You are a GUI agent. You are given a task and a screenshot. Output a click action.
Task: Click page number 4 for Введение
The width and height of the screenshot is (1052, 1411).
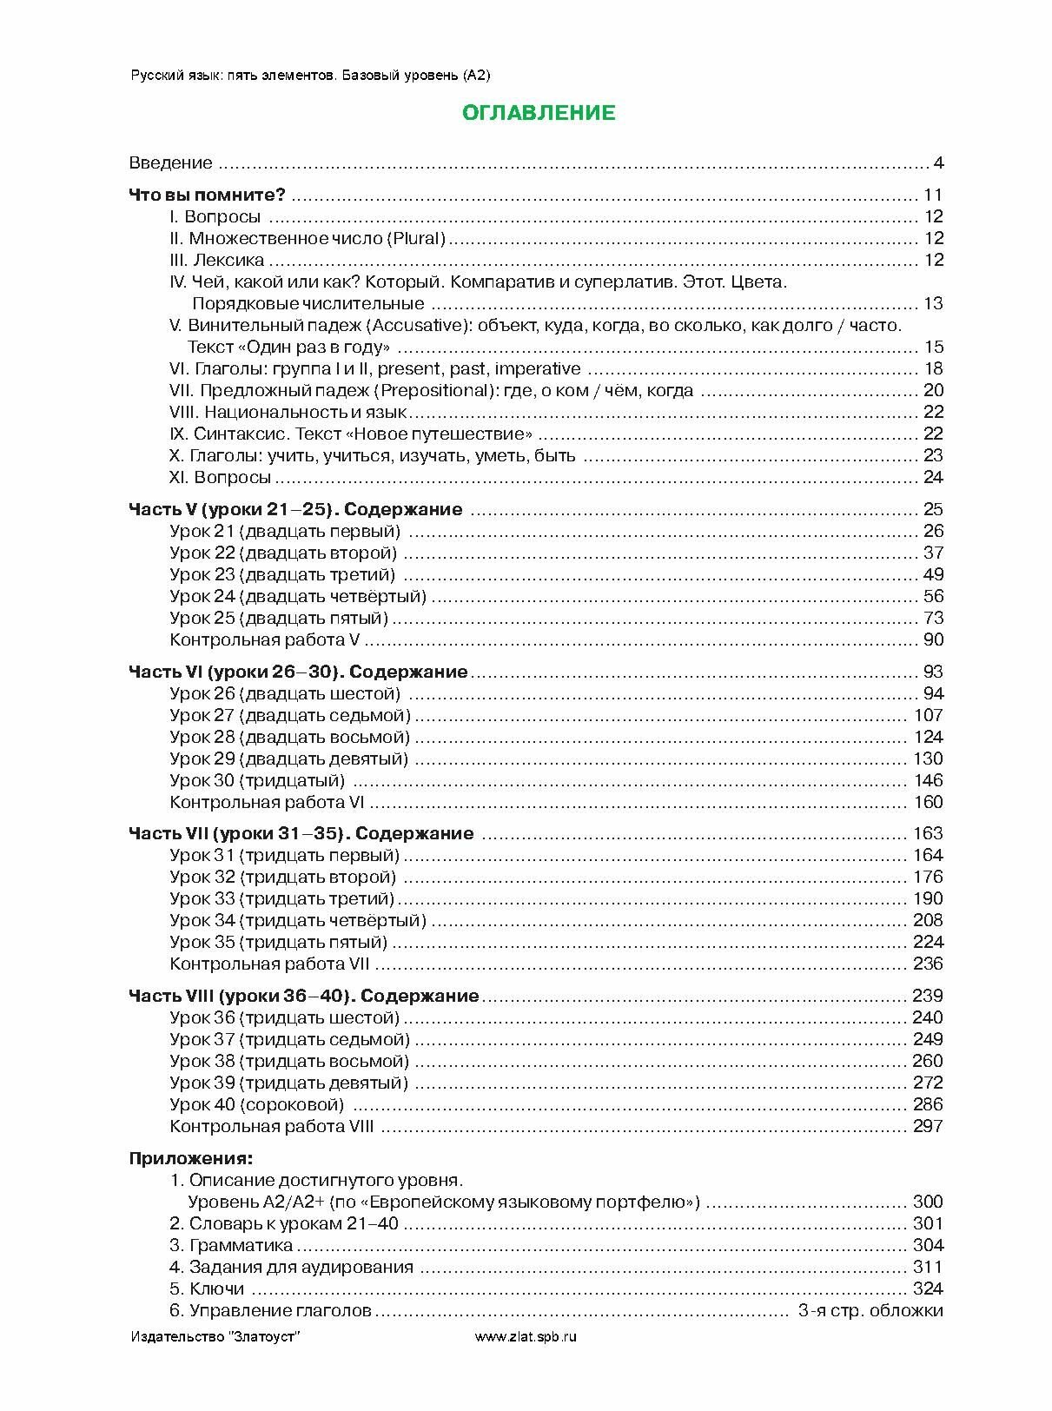click(x=938, y=162)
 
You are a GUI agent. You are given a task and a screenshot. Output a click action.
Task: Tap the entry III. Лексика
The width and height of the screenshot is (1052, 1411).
click(x=216, y=260)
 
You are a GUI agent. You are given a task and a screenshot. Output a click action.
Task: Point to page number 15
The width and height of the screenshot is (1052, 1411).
click(x=934, y=347)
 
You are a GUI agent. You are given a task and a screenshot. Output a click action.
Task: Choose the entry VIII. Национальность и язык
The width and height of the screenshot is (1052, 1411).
click(x=288, y=412)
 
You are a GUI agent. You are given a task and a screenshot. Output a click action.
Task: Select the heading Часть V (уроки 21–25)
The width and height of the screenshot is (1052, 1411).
click(x=294, y=509)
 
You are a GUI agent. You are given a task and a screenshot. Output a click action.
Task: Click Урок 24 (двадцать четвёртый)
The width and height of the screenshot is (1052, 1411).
click(x=298, y=596)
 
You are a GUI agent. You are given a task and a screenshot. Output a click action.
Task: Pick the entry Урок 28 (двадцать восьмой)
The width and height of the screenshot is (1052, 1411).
click(x=289, y=737)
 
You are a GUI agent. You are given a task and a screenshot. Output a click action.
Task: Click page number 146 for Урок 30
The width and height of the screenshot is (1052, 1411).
click(x=928, y=780)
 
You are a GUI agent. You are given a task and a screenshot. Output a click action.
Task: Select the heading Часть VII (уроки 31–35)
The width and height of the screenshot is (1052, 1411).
click(x=301, y=833)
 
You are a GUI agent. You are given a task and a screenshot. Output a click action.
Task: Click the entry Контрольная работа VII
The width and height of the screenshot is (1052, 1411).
click(x=270, y=964)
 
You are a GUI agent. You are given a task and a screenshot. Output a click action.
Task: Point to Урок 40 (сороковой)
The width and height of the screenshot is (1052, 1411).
click(x=256, y=1104)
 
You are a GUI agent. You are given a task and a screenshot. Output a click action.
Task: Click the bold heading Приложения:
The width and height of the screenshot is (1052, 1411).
click(x=191, y=1158)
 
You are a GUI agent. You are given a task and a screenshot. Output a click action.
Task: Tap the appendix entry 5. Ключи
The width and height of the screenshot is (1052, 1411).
click(x=206, y=1288)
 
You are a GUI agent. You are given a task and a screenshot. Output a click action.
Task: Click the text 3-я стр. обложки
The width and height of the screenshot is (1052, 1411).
click(x=870, y=1310)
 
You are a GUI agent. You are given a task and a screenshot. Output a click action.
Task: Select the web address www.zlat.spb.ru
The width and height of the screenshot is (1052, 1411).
click(x=526, y=1336)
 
